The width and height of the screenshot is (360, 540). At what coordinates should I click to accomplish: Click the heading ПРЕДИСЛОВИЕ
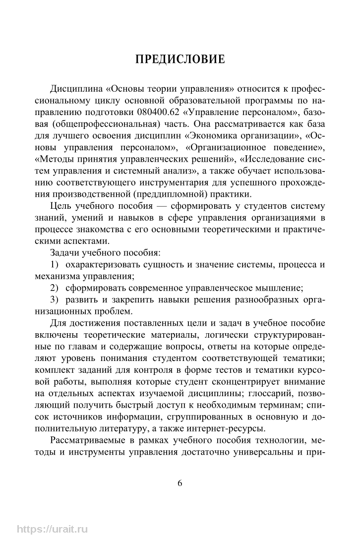point(180,60)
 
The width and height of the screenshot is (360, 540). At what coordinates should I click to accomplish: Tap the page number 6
point(180,483)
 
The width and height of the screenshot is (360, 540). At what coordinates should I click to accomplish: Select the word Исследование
point(267,161)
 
